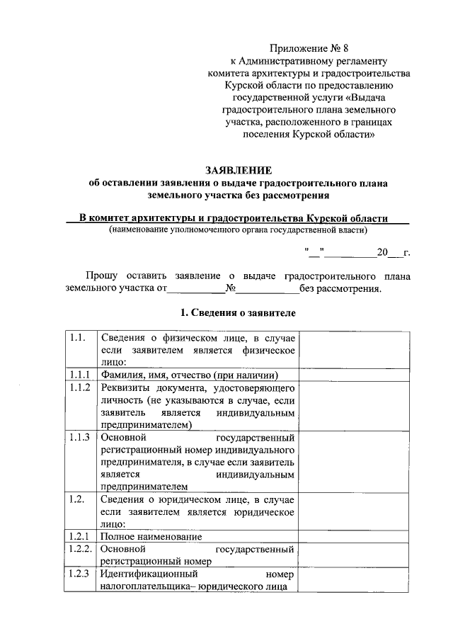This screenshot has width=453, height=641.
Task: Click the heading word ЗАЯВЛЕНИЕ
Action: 238,170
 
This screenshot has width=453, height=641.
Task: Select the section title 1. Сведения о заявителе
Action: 237,312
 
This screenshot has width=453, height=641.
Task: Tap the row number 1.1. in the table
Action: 78,338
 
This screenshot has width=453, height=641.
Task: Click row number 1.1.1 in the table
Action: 79,375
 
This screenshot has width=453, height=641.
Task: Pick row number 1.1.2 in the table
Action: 79,388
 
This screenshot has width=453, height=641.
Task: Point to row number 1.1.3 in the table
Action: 79,437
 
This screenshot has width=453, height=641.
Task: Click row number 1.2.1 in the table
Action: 79,536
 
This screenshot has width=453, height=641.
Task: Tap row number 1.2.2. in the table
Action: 81,549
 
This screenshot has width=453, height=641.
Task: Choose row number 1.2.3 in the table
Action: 79,574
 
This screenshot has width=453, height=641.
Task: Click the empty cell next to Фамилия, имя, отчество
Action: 353,375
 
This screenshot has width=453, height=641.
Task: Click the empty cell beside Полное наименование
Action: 353,536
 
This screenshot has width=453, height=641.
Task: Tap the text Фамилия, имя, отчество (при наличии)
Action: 188,375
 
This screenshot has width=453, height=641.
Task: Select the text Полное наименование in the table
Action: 147,537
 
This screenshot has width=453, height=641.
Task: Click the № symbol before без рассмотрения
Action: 230,289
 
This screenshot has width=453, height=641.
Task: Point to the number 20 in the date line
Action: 383,252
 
